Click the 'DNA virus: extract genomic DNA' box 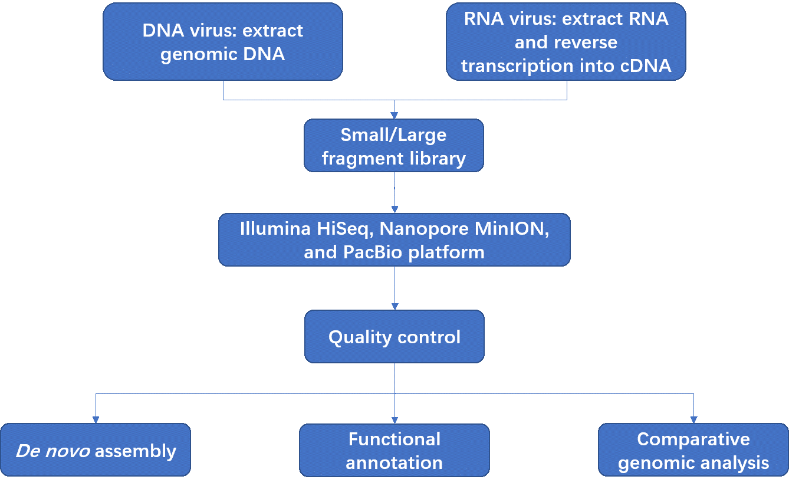(223, 42)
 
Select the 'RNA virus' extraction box (566, 42)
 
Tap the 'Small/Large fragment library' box (394, 146)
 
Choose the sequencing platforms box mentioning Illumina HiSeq (394, 239)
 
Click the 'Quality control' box (394, 337)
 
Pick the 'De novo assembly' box (96, 449)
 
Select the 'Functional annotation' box (394, 450)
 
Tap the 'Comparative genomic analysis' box (693, 449)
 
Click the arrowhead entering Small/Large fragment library (394, 116)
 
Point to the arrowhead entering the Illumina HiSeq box (395, 210)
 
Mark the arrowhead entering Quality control (395, 307)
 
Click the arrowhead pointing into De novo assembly (96, 420)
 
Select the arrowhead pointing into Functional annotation (395, 420)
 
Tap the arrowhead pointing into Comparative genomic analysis (694, 420)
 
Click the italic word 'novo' (67, 451)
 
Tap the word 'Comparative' (693, 440)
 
